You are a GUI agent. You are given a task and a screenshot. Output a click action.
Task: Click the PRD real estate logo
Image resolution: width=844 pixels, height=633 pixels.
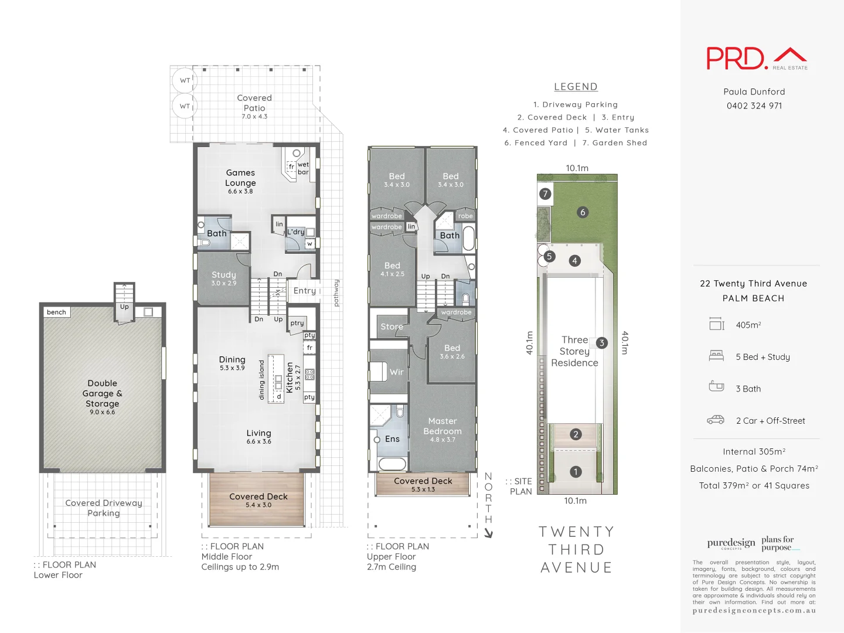756,59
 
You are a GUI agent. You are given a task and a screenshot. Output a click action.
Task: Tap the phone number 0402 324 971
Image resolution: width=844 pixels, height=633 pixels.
754,106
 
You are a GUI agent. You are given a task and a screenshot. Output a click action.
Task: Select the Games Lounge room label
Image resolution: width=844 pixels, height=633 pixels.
240,178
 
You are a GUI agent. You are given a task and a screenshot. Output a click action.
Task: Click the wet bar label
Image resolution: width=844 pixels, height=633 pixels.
303,168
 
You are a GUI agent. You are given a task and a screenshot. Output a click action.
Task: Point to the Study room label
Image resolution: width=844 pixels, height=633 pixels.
224,275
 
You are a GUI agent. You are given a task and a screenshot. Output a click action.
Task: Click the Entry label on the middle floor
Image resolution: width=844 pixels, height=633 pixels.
304,291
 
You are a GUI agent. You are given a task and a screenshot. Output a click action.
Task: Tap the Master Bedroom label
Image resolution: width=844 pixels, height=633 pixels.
443,426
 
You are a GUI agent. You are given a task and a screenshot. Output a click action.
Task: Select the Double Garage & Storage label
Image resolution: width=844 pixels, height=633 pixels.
103,393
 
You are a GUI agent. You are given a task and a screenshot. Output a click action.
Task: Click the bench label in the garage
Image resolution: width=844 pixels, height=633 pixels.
56,312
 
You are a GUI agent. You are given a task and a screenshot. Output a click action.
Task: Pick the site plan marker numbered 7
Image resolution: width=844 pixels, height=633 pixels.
545,194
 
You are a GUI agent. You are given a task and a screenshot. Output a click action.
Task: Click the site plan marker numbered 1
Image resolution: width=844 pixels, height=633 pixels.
576,472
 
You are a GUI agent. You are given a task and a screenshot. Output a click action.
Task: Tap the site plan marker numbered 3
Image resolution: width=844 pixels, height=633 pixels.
601,343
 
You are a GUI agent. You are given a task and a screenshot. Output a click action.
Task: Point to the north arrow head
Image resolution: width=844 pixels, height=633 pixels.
489,534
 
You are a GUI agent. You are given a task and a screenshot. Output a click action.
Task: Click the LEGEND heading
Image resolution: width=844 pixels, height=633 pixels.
576,87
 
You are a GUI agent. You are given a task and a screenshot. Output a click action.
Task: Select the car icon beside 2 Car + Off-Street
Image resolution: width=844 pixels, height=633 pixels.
716,420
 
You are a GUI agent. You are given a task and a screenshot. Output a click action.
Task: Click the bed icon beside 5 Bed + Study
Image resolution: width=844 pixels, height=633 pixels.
716,355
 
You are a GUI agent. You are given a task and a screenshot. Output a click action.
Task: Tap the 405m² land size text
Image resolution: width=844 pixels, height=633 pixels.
748,325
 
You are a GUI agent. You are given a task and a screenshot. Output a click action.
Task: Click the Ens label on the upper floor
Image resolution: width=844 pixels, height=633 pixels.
392,439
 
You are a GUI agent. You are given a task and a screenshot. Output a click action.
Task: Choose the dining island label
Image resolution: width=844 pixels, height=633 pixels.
261,380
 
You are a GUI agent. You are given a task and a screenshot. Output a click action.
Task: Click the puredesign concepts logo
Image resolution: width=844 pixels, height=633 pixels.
731,544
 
